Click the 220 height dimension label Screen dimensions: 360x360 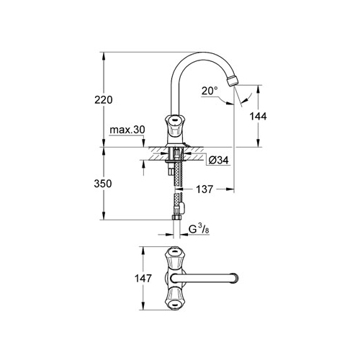pyautogui.click(x=104, y=99)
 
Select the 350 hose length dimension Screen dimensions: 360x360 pyautogui.click(x=103, y=184)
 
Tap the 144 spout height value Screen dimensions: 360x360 pyautogui.click(x=258, y=117)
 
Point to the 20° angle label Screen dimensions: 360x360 pyautogui.click(x=210, y=91)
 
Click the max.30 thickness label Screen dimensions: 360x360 pyautogui.click(x=127, y=130)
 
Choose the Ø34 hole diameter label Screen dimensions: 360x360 pyautogui.click(x=219, y=160)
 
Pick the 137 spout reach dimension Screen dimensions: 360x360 pyautogui.click(x=204, y=189)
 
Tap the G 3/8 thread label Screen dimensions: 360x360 pyautogui.click(x=199, y=230)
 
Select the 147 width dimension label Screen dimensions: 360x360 pyautogui.click(x=143, y=279)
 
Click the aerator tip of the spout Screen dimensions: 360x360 pyautogui.click(x=233, y=81)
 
